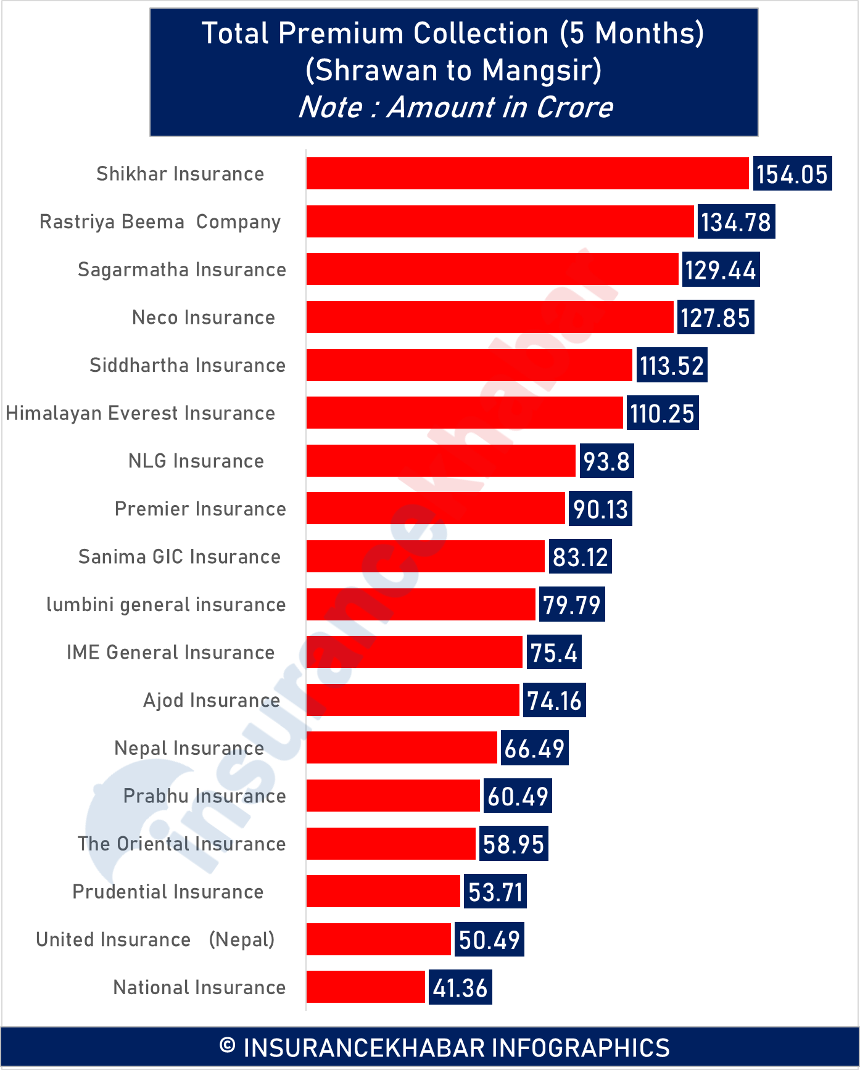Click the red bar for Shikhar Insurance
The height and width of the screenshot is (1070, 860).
click(527, 173)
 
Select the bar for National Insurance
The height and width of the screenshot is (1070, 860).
click(366, 987)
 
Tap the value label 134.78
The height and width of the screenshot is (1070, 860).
click(736, 222)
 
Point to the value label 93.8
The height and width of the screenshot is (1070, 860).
click(606, 461)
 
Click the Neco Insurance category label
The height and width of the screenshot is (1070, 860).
click(204, 318)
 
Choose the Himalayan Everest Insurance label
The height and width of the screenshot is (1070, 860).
click(141, 413)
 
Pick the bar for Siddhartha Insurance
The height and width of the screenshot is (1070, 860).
click(469, 365)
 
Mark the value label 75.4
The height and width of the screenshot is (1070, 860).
click(553, 652)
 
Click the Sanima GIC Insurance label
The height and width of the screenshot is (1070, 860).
click(180, 557)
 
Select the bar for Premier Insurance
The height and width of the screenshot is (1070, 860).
click(436, 509)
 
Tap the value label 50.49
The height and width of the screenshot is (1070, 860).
click(489, 940)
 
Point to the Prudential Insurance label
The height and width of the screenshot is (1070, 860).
click(168, 892)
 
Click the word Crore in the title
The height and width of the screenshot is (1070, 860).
click(574, 107)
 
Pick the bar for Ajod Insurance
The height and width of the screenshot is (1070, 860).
click(413, 700)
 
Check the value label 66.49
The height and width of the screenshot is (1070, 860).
click(534, 749)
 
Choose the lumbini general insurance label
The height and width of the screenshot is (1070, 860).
click(166, 605)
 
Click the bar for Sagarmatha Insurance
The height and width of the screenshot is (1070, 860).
click(492, 270)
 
